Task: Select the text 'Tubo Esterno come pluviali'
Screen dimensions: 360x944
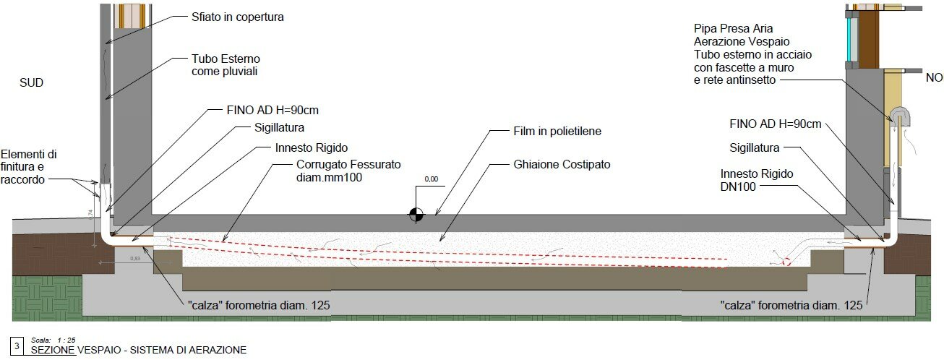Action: [x=226, y=65]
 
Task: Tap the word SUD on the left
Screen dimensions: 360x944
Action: [x=31, y=83]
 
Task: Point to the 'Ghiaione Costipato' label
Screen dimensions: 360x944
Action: [x=562, y=165]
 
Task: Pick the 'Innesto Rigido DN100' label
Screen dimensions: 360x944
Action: [x=757, y=181]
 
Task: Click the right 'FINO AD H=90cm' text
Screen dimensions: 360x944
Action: [x=776, y=124]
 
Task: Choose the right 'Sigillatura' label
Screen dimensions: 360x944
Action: [x=754, y=148]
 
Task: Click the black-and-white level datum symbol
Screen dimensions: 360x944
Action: [x=416, y=214]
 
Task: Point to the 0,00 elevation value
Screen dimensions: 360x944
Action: [x=432, y=179]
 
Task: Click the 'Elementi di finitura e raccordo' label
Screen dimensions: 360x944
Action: [x=30, y=166]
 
